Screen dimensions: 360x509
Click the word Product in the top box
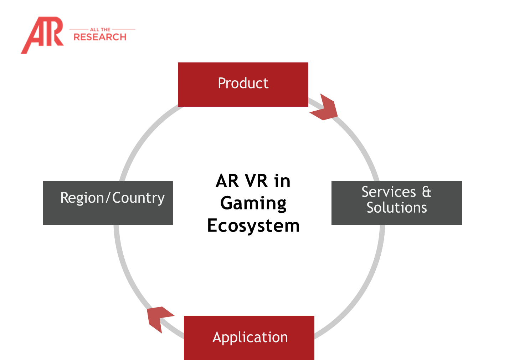[x=243, y=83]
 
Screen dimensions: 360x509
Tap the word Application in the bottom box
[x=250, y=338]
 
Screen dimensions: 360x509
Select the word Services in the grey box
[x=389, y=192]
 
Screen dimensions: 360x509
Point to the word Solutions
[x=397, y=208]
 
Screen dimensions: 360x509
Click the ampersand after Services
[x=427, y=192]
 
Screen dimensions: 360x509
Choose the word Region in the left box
[x=82, y=198]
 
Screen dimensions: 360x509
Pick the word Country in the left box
[x=139, y=198]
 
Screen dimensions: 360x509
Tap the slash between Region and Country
[x=108, y=198]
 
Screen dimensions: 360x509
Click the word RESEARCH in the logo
[x=100, y=37]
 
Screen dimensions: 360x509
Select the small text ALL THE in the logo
[x=100, y=30]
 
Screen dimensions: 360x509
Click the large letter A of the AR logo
[x=34, y=36]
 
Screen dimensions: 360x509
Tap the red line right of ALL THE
[x=123, y=29]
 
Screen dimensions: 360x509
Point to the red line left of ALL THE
[x=78, y=29]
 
